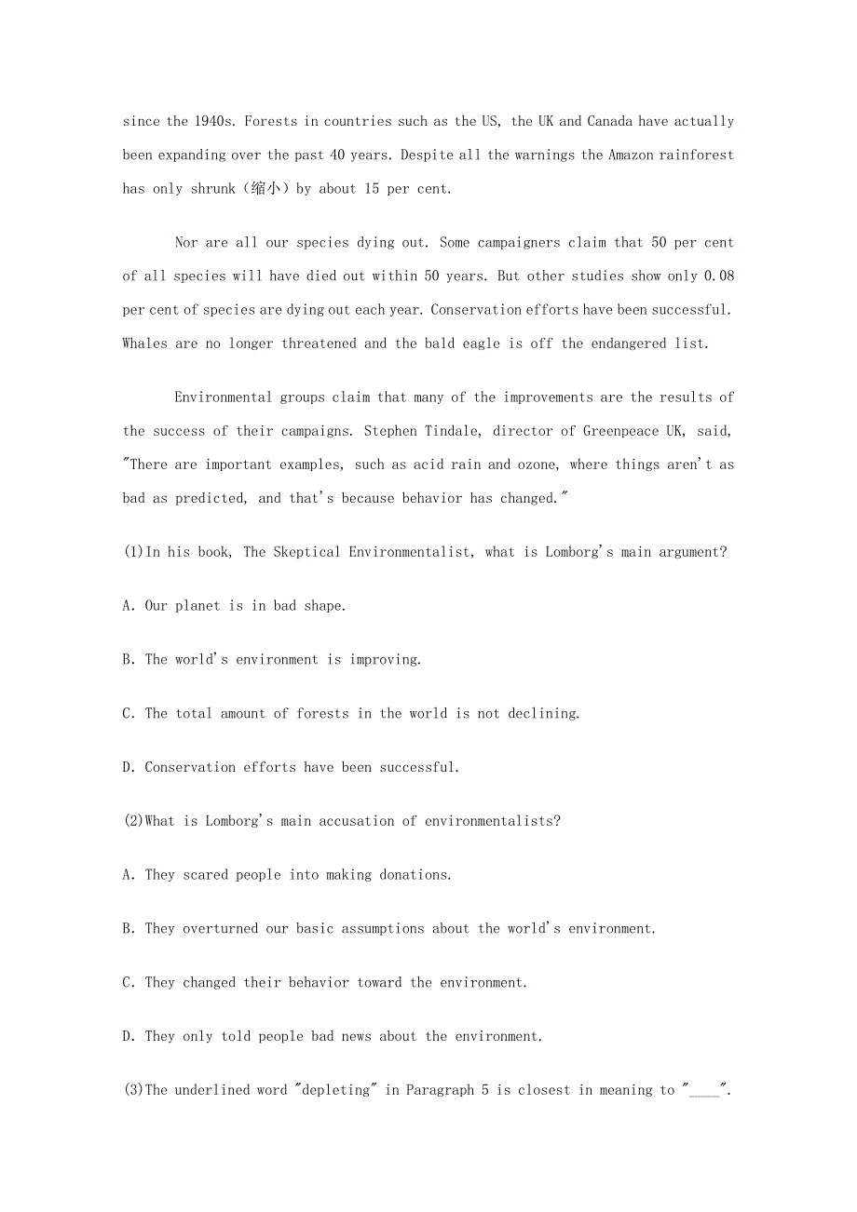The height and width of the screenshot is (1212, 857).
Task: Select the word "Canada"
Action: (609, 122)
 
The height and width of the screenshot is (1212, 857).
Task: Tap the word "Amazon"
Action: (632, 155)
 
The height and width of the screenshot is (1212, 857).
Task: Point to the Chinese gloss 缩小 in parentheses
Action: (265, 189)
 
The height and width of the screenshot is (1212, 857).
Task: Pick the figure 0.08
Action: (719, 276)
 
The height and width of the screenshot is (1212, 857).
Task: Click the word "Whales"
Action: (145, 343)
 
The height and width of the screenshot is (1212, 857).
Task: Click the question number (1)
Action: (133, 552)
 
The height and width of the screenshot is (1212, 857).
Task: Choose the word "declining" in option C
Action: (544, 714)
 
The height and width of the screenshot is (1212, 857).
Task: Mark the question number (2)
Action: (133, 821)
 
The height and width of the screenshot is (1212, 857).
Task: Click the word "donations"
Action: (414, 875)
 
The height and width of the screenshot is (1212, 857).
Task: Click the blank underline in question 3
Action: (705, 1092)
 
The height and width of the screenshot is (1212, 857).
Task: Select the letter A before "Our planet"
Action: (128, 606)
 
